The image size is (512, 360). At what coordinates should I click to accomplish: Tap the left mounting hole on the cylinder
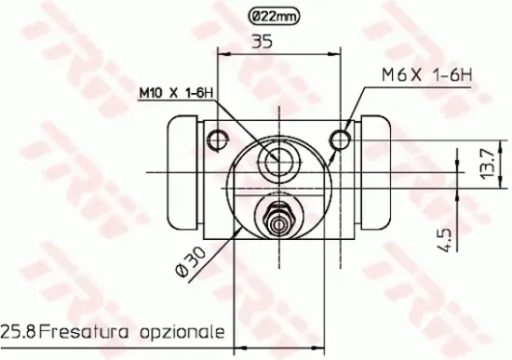219,140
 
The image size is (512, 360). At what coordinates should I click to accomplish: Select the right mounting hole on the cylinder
342,140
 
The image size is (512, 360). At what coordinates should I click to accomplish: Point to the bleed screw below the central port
278,221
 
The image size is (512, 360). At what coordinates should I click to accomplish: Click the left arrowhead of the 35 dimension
222,55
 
